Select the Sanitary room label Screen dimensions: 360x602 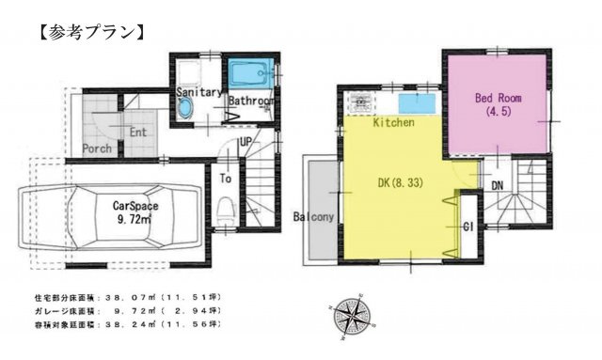[198, 93]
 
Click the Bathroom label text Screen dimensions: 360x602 [251, 100]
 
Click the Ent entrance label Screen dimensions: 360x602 [138, 133]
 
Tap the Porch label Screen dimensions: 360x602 [97, 149]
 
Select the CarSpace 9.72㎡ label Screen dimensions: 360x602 [135, 210]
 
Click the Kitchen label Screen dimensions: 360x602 [394, 123]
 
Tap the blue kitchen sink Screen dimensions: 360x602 [415, 102]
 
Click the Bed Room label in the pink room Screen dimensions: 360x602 [497, 102]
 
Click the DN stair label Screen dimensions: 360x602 [497, 185]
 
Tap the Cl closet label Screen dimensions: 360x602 [467, 226]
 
